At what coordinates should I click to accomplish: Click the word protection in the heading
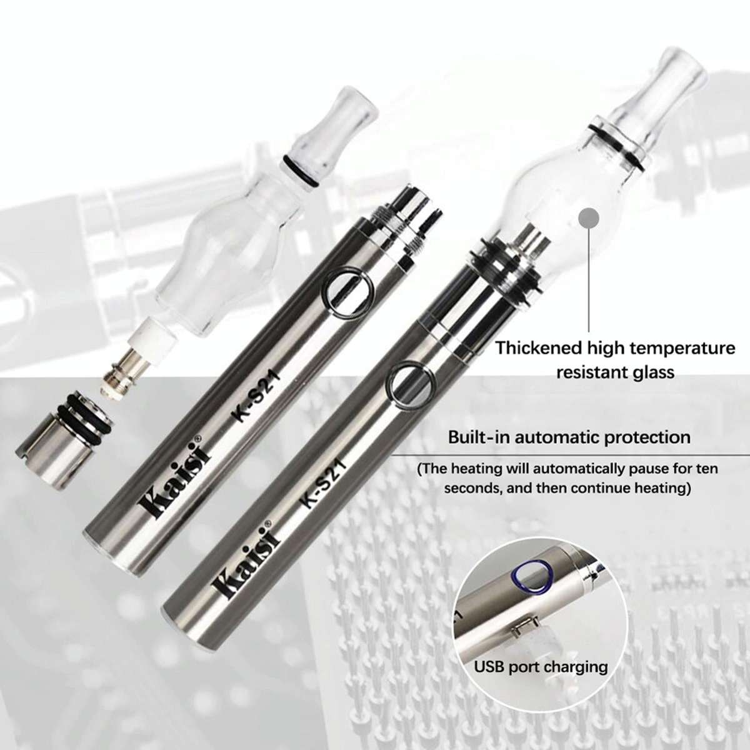[x=648, y=436]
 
